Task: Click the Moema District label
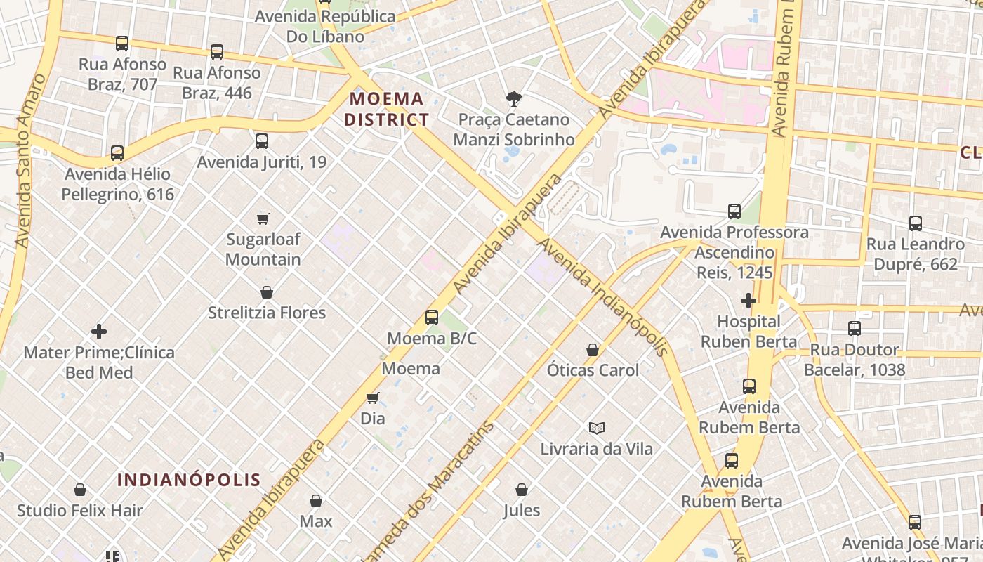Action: [387, 109]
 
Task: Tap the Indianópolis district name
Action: [189, 480]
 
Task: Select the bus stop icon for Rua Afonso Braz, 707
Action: [122, 44]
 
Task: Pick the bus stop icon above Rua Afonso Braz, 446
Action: [217, 52]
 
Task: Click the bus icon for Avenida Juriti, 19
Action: [262, 141]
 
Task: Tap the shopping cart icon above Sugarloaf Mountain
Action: [263, 218]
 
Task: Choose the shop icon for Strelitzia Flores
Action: [267, 292]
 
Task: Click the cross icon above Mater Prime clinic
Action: [99, 332]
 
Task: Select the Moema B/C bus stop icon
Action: [432, 318]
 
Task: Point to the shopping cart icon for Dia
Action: [373, 398]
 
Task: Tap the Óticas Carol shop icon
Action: [593, 350]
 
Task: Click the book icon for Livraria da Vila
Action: [597, 428]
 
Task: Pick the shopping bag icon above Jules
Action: [522, 490]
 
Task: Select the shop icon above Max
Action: [316, 501]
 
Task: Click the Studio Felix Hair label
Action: [80, 511]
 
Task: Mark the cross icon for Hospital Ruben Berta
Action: [748, 301]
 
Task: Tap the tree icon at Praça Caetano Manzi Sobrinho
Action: [514, 99]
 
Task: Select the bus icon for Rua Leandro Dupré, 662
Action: [916, 223]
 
